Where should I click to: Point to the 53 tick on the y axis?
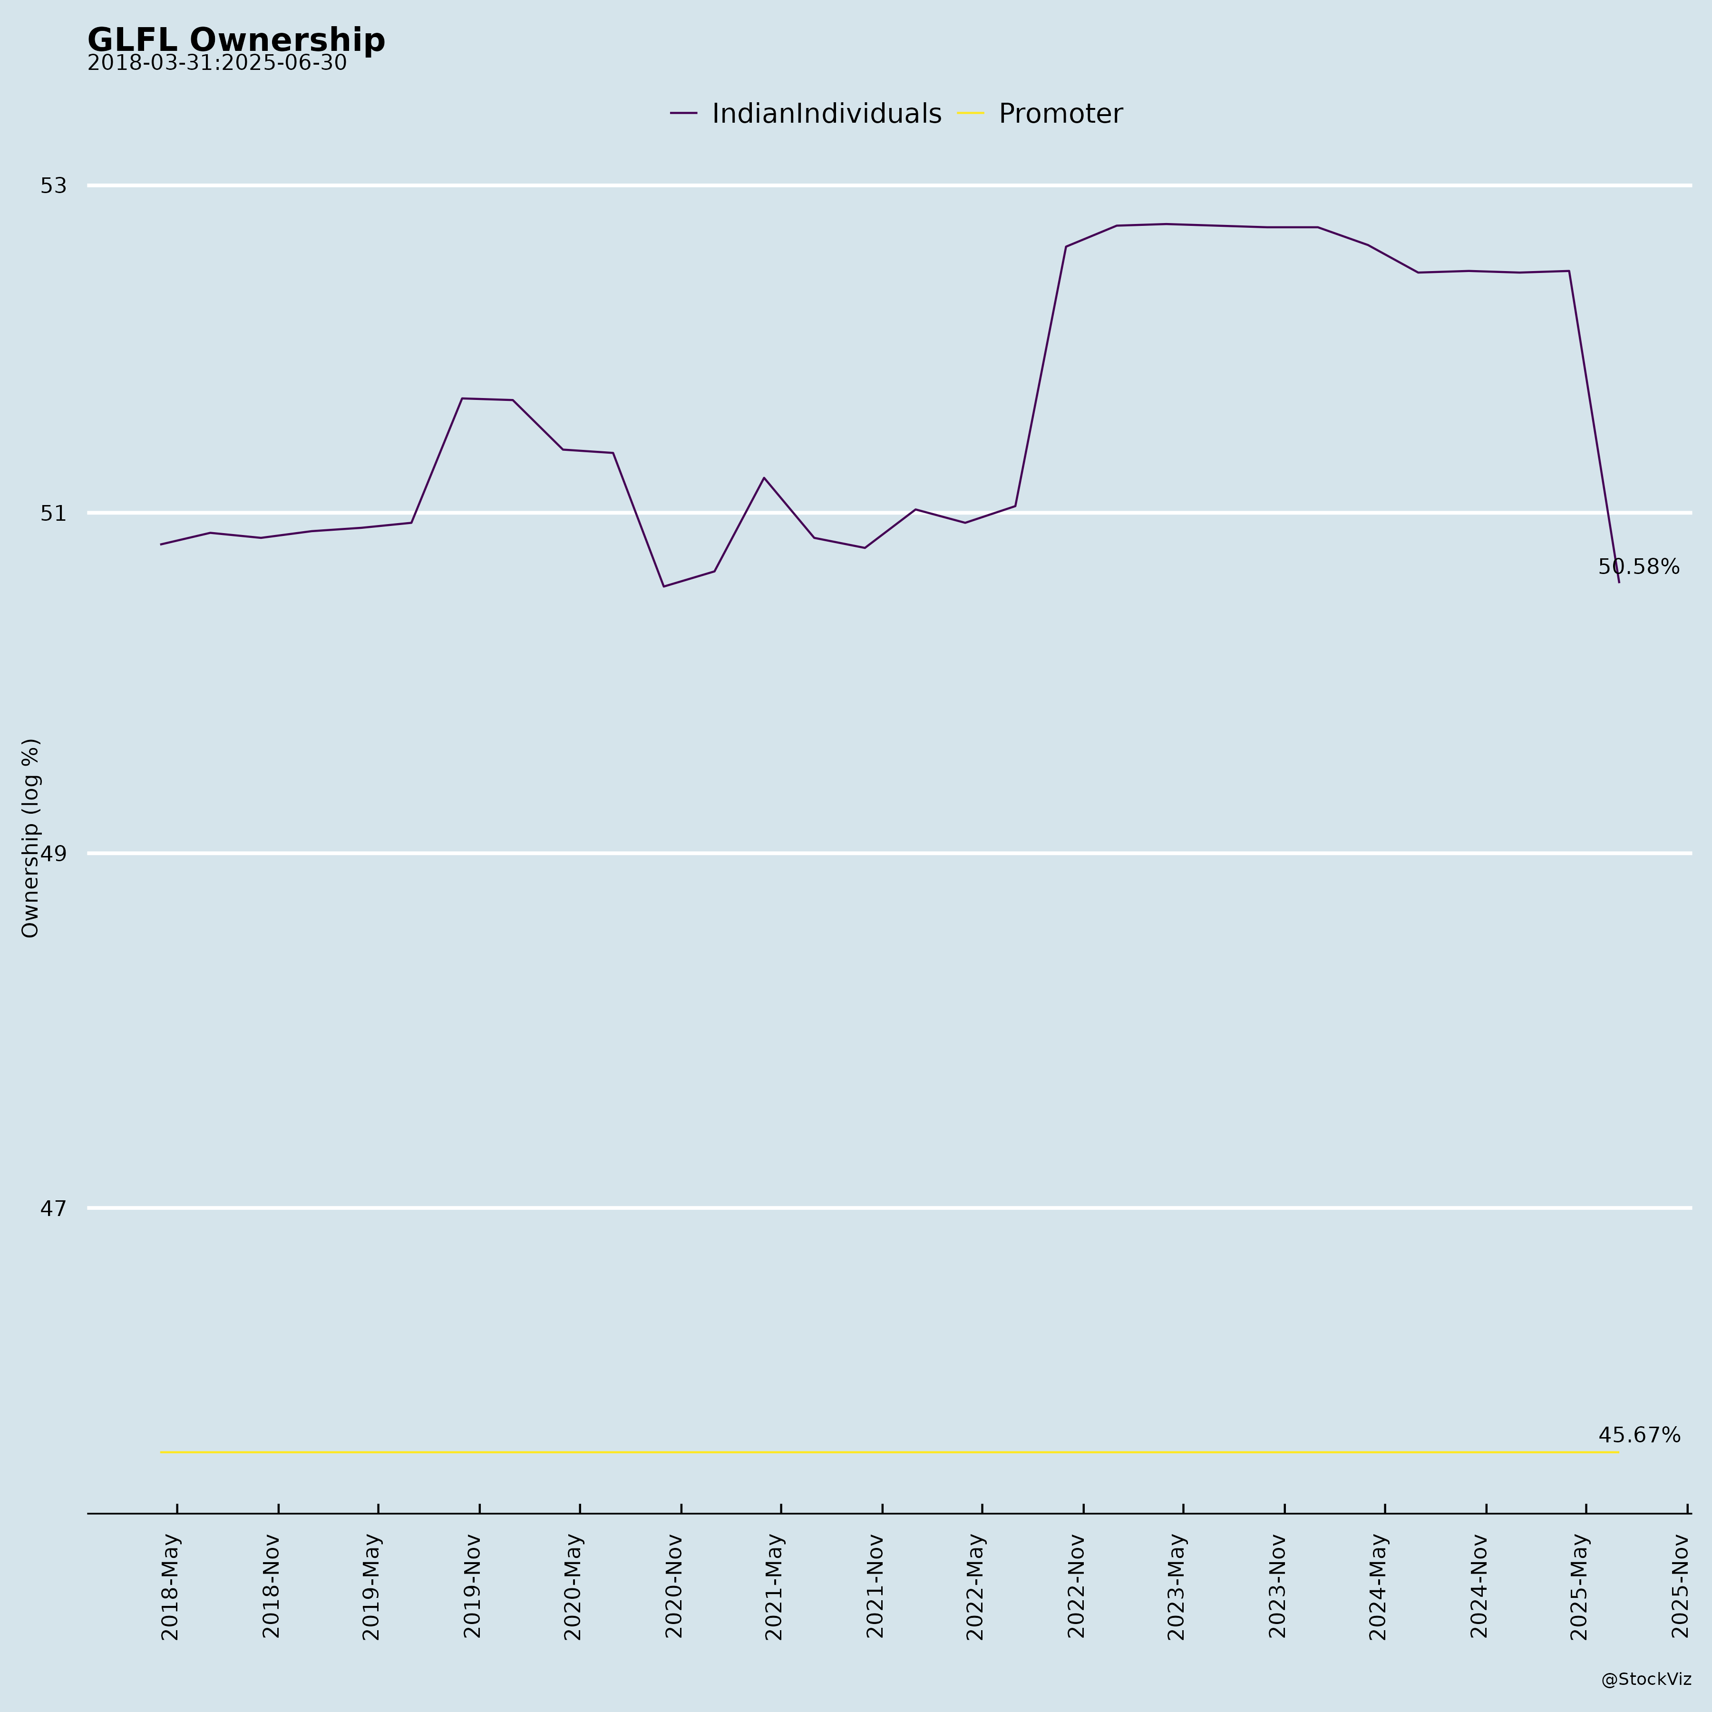click(53, 185)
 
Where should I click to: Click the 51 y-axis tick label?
click(53, 513)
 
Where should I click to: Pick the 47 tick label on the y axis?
click(53, 1208)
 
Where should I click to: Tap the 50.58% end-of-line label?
click(1638, 567)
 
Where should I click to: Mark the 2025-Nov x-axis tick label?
click(1680, 1586)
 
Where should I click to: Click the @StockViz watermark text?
click(1645, 1679)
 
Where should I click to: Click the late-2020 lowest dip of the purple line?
click(664, 587)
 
